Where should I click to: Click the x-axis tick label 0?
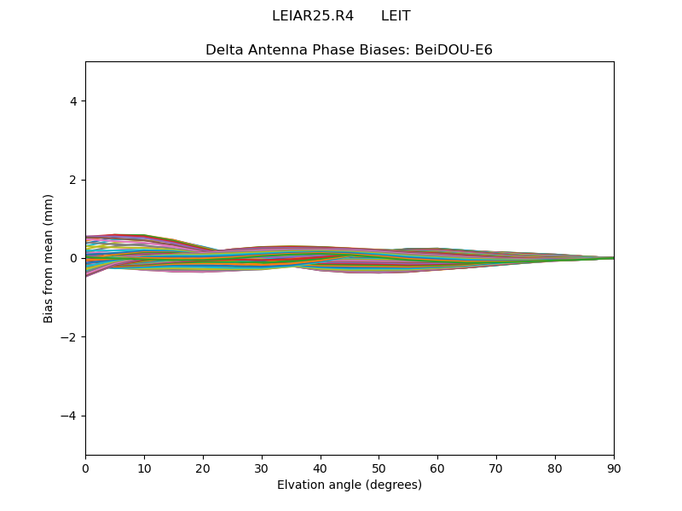(x=85, y=468)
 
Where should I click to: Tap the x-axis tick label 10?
(x=144, y=468)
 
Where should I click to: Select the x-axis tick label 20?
(x=203, y=468)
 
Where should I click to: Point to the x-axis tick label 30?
(x=262, y=468)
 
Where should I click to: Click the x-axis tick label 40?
(x=321, y=468)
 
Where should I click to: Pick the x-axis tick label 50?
(x=379, y=468)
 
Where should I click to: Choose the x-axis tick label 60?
(x=437, y=468)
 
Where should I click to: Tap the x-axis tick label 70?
(x=496, y=468)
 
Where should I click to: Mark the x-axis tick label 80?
(x=555, y=468)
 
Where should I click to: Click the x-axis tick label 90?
(x=614, y=468)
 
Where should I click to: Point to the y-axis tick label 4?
(x=73, y=101)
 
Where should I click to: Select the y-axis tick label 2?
(x=73, y=180)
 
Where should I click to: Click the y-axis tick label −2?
(x=70, y=337)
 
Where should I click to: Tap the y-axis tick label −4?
(x=70, y=416)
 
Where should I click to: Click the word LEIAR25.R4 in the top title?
(x=313, y=16)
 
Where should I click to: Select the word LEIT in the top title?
(x=396, y=16)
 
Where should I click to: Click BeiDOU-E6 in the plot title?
(x=454, y=50)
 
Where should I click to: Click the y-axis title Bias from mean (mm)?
(x=49, y=258)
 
